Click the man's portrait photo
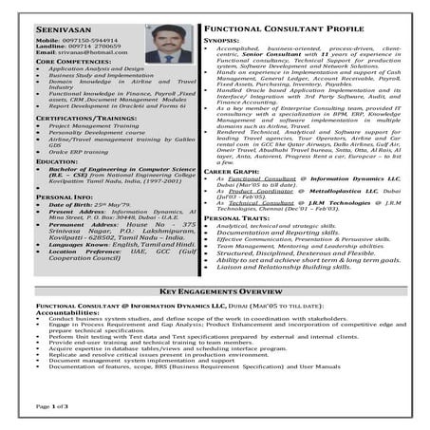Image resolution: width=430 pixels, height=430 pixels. [x=169, y=44]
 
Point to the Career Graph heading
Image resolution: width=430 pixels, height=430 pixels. [x=230, y=169]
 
